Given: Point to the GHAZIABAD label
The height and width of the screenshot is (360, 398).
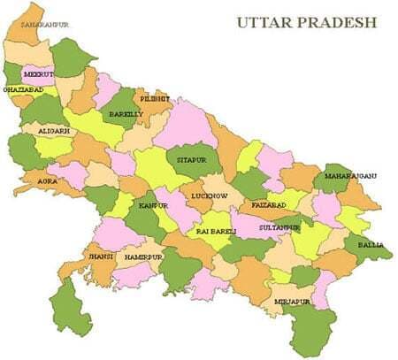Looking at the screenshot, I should tap(23, 90).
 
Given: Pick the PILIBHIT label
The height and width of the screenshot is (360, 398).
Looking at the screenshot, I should tap(155, 98).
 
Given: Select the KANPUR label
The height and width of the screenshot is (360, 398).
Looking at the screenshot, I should tap(152, 205).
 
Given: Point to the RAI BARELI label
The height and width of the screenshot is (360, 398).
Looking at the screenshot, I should tap(215, 231).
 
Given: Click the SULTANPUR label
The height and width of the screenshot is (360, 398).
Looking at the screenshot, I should tap(279, 226).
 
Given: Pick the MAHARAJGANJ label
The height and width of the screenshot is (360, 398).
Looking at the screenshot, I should tap(350, 176).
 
